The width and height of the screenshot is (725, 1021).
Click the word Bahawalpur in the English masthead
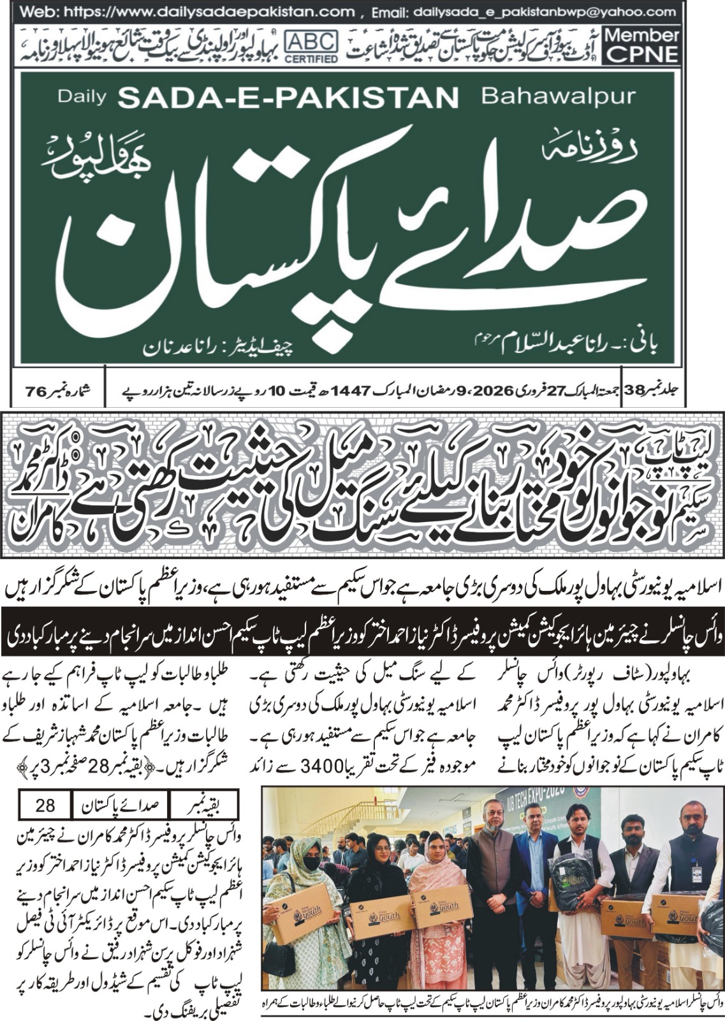click(x=558, y=96)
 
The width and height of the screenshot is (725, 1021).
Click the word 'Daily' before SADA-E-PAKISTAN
click(x=80, y=97)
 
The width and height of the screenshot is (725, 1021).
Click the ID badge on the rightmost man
click(x=696, y=874)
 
